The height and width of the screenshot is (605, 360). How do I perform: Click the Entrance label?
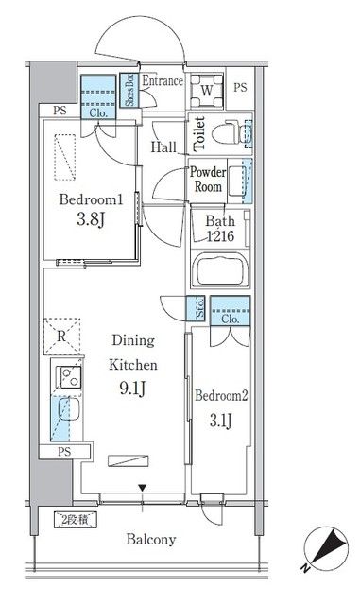pyautogui.click(x=163, y=82)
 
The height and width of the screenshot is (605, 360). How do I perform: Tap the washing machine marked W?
pyautogui.click(x=207, y=92)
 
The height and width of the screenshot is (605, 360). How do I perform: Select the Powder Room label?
pyautogui.click(x=207, y=180)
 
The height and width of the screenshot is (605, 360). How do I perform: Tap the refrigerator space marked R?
pyautogui.click(x=60, y=336)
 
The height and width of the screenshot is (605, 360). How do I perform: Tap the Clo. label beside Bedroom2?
pyautogui.click(x=231, y=320)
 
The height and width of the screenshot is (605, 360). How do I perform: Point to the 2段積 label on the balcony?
pyautogui.click(x=68, y=519)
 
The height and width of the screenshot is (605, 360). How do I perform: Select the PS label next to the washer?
pyautogui.click(x=239, y=88)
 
